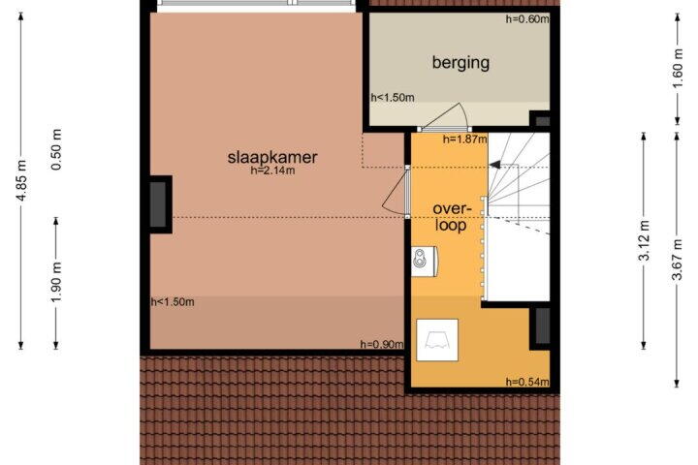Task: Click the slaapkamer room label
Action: tap(272, 157)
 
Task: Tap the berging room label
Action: tap(460, 62)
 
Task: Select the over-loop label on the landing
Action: tap(452, 217)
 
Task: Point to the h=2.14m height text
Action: tap(272, 170)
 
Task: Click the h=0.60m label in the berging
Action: tap(527, 18)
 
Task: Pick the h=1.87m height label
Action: tap(464, 139)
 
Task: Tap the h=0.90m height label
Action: tap(382, 344)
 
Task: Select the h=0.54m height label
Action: tap(527, 382)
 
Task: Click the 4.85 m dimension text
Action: tap(21, 180)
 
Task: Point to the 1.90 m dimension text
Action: tap(56, 282)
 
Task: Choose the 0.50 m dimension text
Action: tap(56, 149)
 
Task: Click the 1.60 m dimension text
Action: tap(677, 68)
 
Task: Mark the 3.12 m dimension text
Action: tap(644, 240)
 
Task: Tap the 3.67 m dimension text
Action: tap(677, 260)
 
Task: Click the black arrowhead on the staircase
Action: tap(494, 166)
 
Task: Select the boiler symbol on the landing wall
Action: tap(424, 262)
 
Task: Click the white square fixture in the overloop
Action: tap(437, 340)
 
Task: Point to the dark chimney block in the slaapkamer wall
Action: tap(158, 204)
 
